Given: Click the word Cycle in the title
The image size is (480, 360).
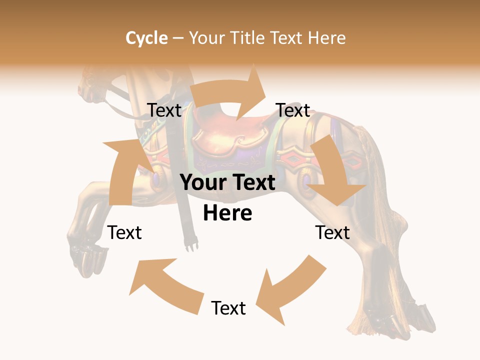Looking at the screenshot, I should (x=146, y=38).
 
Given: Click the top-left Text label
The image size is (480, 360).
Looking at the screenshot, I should (x=164, y=110).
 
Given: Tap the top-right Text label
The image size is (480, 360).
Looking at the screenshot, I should (x=293, y=110).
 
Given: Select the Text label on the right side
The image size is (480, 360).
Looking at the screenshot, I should (x=332, y=232).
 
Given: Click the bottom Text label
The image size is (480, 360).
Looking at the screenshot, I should (x=228, y=308).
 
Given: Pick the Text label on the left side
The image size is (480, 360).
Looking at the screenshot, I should (x=124, y=232).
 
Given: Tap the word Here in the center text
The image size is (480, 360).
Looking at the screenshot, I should (x=227, y=213).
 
